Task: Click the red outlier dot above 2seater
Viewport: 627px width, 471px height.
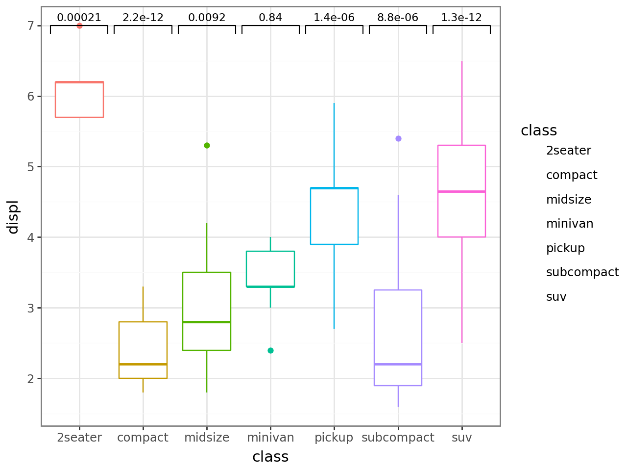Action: click(79, 26)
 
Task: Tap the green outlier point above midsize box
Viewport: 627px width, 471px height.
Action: click(207, 145)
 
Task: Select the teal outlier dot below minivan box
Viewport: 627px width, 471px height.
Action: click(270, 350)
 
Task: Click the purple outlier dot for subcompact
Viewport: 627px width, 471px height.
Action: click(398, 138)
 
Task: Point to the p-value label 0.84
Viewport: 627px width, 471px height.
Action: click(270, 18)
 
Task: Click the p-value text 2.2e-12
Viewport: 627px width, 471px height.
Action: click(143, 18)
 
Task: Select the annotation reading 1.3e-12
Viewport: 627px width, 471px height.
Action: click(461, 18)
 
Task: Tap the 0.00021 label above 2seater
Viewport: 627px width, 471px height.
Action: click(79, 18)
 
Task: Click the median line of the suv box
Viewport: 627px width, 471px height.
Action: click(461, 191)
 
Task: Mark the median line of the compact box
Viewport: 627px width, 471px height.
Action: click(143, 364)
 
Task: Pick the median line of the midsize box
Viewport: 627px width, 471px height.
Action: click(207, 322)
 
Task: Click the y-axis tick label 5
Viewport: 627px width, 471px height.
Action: click(31, 167)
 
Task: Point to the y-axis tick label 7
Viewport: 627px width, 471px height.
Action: click(31, 26)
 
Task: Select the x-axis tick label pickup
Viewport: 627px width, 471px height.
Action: click(334, 438)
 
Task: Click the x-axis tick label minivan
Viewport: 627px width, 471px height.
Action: click(270, 438)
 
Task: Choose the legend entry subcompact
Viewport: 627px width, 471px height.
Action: click(582, 272)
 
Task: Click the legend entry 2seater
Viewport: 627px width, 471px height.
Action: click(568, 151)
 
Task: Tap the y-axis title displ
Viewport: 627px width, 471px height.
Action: click(13, 216)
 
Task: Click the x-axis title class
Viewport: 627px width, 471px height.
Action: click(270, 457)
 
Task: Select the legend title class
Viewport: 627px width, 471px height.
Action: click(539, 131)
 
